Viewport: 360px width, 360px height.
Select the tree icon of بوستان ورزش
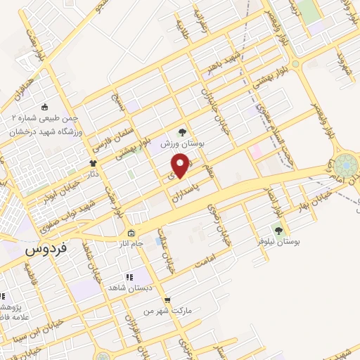coord(182,131)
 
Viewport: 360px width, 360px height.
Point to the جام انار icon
coord(131,233)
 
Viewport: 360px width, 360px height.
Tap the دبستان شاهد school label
coord(126,288)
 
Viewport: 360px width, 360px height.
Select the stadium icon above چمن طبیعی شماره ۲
coord(45,108)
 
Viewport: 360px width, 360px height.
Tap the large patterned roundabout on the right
coord(345,167)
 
